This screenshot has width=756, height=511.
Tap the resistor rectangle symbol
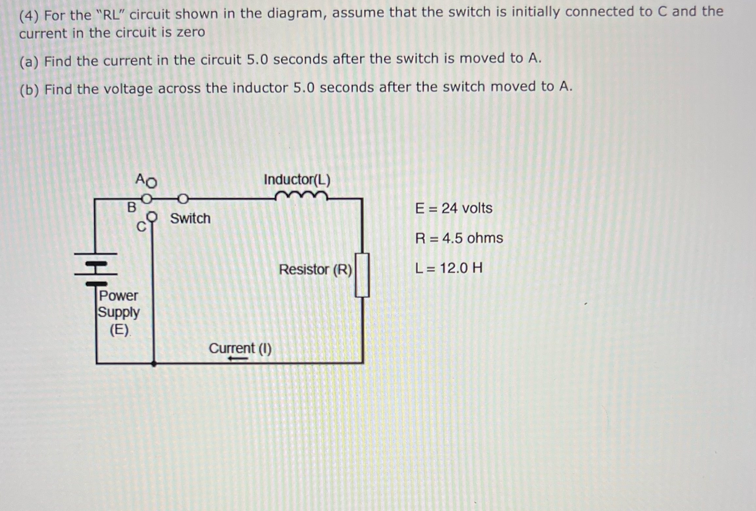pos(362,275)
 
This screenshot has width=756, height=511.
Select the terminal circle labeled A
pos(151,183)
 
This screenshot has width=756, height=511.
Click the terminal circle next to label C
pos(152,216)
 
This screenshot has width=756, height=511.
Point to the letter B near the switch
pos(131,207)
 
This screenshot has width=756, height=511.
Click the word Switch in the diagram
pos(190,218)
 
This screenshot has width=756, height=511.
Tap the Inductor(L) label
pos(297,180)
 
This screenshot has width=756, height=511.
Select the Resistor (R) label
pos(315,270)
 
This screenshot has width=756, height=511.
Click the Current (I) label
pos(240,348)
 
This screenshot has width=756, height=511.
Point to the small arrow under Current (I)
pos(238,359)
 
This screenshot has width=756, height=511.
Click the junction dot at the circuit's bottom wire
pos(154,363)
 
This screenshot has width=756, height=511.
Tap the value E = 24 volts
pos(453,208)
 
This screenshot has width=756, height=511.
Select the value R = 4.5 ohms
pos(459,238)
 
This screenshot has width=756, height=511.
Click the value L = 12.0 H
pos(449,268)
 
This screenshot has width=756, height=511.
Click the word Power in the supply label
pos(118,295)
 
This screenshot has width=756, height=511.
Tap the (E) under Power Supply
pos(119,330)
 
